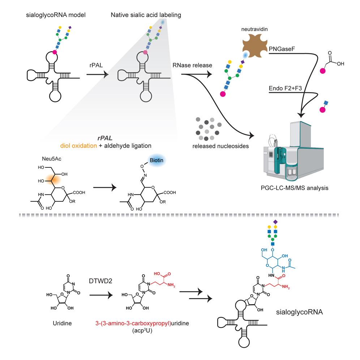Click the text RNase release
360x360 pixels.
coord(193,65)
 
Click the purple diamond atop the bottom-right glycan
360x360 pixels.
coord(275,221)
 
